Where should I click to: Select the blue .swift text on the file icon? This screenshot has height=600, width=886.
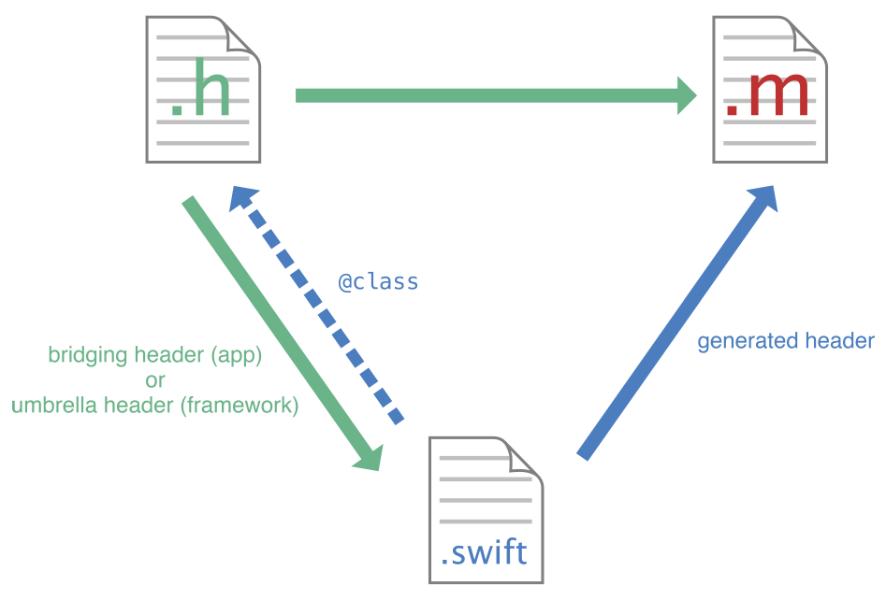(x=483, y=553)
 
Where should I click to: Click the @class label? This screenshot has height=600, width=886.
(x=378, y=281)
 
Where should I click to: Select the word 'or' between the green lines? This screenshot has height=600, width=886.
(x=154, y=380)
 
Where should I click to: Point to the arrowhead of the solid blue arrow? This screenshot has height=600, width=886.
(x=764, y=198)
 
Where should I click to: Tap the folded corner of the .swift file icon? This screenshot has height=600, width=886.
(x=527, y=454)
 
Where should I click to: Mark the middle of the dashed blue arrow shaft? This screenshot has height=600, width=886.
(x=322, y=308)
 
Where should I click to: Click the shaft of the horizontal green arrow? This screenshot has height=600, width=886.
(x=487, y=95)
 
